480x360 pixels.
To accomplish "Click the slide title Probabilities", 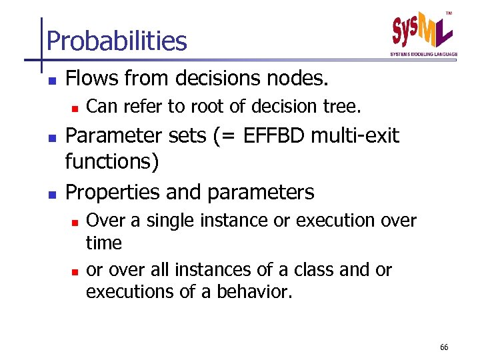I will coord(117,41).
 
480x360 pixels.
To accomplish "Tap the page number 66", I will coord(444,347).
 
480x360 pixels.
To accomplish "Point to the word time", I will coord(104,243).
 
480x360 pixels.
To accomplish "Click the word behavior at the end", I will coord(253,292).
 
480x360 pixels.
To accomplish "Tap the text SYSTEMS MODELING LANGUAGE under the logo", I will coord(423,54).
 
